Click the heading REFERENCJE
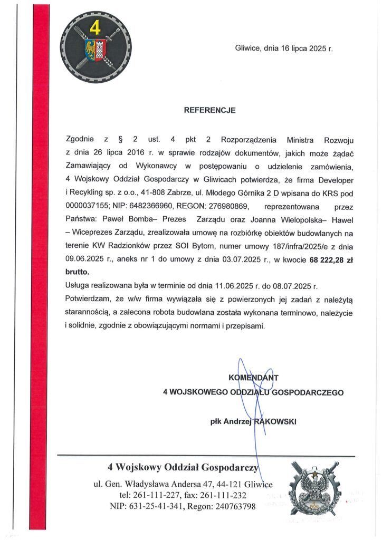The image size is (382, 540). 209,111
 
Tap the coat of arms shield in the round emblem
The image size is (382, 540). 96,51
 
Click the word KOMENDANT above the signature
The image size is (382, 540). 253,377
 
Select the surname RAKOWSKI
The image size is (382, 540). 275,421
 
